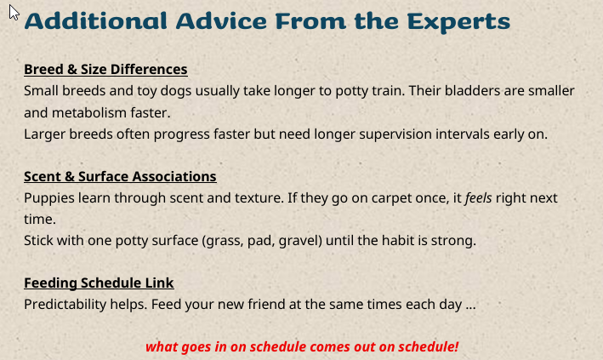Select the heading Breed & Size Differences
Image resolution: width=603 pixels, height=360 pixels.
105,69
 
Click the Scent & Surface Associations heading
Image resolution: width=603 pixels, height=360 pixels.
120,176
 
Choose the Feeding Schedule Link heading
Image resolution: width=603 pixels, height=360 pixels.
99,283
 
